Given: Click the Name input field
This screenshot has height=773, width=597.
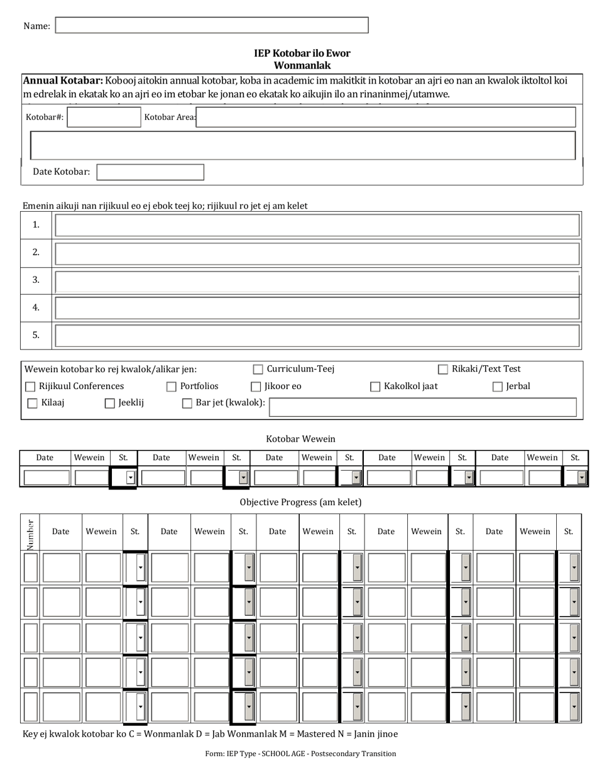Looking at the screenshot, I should [x=212, y=25].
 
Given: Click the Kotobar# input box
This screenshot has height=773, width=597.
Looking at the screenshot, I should [x=104, y=117].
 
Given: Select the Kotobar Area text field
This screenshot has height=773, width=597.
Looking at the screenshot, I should [x=385, y=117].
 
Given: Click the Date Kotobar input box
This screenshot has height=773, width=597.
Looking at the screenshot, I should [x=150, y=172].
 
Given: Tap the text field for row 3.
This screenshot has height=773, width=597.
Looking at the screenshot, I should [x=317, y=280].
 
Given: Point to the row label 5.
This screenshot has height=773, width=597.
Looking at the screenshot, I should [x=36, y=335].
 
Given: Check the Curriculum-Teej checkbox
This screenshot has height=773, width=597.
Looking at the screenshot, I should [x=258, y=370].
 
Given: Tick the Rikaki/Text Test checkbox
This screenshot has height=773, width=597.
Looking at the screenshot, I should [x=443, y=370].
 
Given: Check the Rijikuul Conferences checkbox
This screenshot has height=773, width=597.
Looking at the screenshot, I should [x=30, y=386].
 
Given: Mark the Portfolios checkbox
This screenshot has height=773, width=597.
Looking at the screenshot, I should [x=172, y=386].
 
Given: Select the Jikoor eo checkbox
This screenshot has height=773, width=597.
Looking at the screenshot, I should [x=256, y=386].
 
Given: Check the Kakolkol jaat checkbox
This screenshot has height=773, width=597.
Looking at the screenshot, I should [x=375, y=386].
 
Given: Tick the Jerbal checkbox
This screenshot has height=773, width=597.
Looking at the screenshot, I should [x=498, y=386].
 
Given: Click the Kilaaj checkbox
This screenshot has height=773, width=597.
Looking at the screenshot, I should [x=33, y=403].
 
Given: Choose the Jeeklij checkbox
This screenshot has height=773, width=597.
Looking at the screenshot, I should [x=110, y=403].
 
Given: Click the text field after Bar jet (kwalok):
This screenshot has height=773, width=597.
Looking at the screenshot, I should [x=422, y=407].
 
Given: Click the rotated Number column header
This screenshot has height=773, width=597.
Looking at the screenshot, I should [x=30, y=533].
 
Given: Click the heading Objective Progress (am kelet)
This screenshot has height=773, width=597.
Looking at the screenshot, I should [x=300, y=502].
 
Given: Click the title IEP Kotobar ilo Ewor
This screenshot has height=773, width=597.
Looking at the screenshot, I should [x=302, y=53].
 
